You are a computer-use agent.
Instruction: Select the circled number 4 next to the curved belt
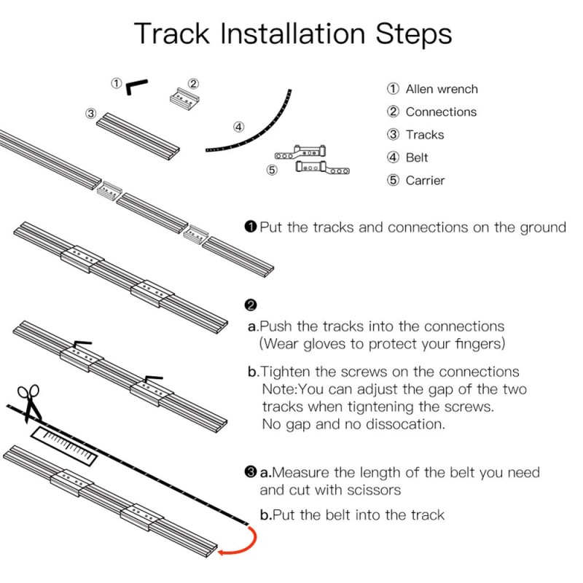tap(238, 126)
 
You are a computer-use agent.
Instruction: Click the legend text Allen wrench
tap(442, 89)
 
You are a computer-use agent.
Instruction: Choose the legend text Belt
tap(417, 157)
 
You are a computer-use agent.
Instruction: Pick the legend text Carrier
tap(425, 180)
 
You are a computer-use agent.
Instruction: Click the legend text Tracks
tap(424, 135)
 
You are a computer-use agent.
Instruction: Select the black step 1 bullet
tap(251, 227)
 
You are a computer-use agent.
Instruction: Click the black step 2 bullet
tap(251, 304)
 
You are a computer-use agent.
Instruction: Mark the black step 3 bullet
tap(251, 472)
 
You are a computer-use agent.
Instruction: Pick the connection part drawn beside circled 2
tap(183, 98)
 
